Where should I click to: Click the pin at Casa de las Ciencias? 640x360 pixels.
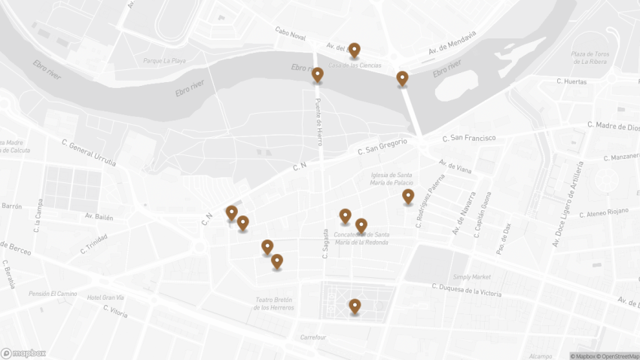click(x=354, y=50)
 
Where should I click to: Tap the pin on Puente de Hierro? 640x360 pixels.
click(x=318, y=75)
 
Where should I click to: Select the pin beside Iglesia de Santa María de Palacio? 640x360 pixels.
click(x=408, y=197)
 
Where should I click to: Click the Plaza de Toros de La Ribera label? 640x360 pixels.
click(x=590, y=57)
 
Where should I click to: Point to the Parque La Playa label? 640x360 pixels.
click(x=164, y=60)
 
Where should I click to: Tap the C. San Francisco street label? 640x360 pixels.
click(x=469, y=138)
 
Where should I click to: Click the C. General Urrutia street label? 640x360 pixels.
click(x=89, y=152)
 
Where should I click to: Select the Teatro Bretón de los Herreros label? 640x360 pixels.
click(x=273, y=303)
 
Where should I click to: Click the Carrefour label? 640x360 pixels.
click(x=312, y=337)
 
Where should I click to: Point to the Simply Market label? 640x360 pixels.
click(x=472, y=276)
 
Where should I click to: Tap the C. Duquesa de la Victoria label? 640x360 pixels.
click(x=467, y=289)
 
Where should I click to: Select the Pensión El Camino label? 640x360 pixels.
click(x=53, y=293)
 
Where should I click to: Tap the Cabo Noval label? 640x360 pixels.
click(x=291, y=35)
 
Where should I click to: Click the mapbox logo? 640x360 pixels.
click(x=23, y=352)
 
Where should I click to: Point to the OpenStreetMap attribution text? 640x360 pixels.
click(x=617, y=355)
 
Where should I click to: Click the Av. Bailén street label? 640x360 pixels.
click(x=99, y=217)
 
